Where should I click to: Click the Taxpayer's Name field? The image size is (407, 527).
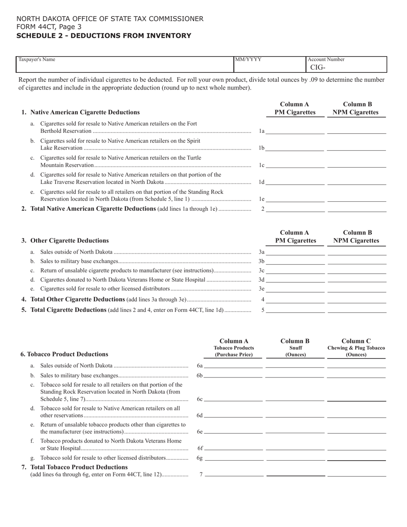(x=124, y=65)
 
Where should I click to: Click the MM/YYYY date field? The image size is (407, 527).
(x=269, y=65)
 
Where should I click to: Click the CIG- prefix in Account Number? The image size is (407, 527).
(x=318, y=67)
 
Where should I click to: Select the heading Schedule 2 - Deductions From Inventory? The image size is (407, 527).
(x=104, y=36)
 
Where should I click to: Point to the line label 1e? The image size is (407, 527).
(x=262, y=199)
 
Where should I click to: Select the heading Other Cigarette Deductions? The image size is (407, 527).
(x=70, y=241)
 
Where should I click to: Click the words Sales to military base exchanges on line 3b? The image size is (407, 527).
(x=79, y=261)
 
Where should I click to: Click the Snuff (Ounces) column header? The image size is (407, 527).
(x=295, y=348)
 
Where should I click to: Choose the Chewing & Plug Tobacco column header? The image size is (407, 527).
(x=356, y=348)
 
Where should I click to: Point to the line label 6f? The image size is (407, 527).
(x=200, y=448)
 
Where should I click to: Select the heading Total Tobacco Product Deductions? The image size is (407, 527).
(x=79, y=467)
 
